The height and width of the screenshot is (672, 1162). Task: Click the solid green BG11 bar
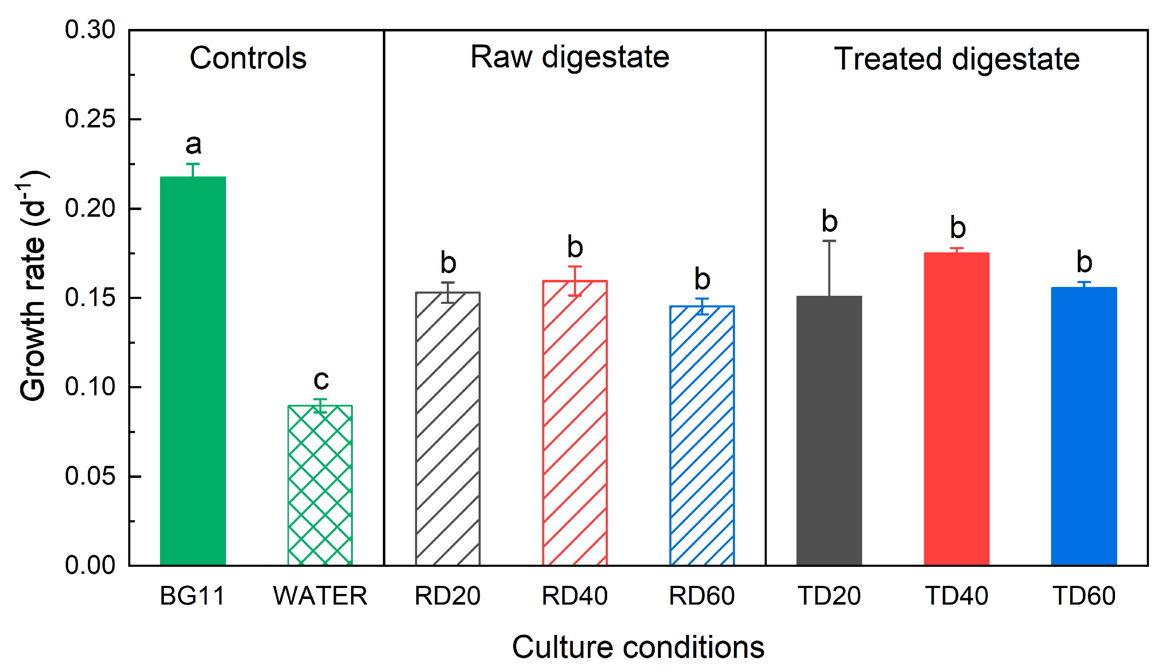click(193, 371)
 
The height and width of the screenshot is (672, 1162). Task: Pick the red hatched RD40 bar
click(575, 423)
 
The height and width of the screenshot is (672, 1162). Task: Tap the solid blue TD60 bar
click(1084, 426)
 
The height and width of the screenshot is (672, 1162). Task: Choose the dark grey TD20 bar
click(829, 431)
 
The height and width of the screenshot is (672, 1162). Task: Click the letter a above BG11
click(193, 145)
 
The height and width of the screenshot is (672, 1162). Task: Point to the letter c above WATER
click(321, 380)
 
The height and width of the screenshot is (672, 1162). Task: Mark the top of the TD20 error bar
click(829, 241)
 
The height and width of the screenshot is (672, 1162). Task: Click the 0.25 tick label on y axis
click(90, 119)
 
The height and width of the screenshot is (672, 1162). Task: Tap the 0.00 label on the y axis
click(90, 565)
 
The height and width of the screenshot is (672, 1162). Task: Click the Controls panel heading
click(248, 59)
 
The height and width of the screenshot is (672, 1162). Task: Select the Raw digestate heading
click(570, 58)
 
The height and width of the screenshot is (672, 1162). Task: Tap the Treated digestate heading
click(957, 59)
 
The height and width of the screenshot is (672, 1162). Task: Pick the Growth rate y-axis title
click(33, 286)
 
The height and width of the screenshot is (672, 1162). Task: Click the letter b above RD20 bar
click(448, 263)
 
